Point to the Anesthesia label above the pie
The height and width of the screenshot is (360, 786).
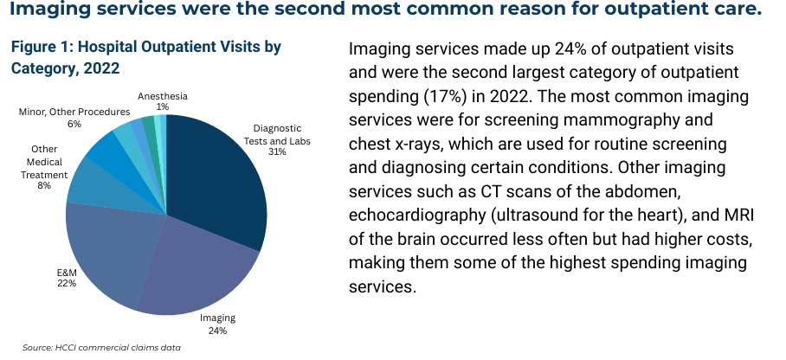[x=163, y=95]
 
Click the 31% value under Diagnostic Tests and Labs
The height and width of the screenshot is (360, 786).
[x=277, y=151]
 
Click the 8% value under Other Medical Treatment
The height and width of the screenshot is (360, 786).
[x=43, y=184]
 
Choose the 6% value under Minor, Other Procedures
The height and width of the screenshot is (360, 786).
[x=74, y=124]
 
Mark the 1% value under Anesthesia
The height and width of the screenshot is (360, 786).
[x=163, y=106]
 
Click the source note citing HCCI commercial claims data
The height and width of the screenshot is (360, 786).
[x=102, y=347]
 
